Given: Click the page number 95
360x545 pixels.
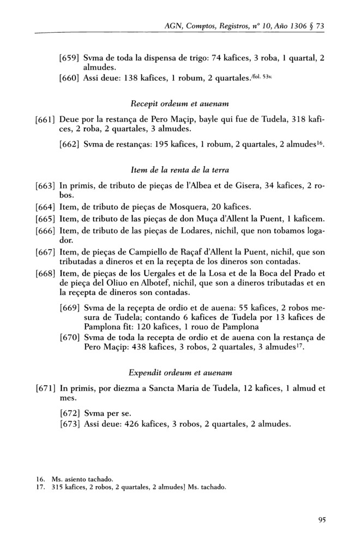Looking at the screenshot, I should pos(321,519).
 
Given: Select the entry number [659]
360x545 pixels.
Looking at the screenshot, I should pos(70,58).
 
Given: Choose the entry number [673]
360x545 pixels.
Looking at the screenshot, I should pos(70,425).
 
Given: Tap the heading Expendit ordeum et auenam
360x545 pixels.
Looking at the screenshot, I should pos(180,373).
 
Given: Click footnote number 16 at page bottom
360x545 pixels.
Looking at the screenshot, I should pos(38,479).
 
